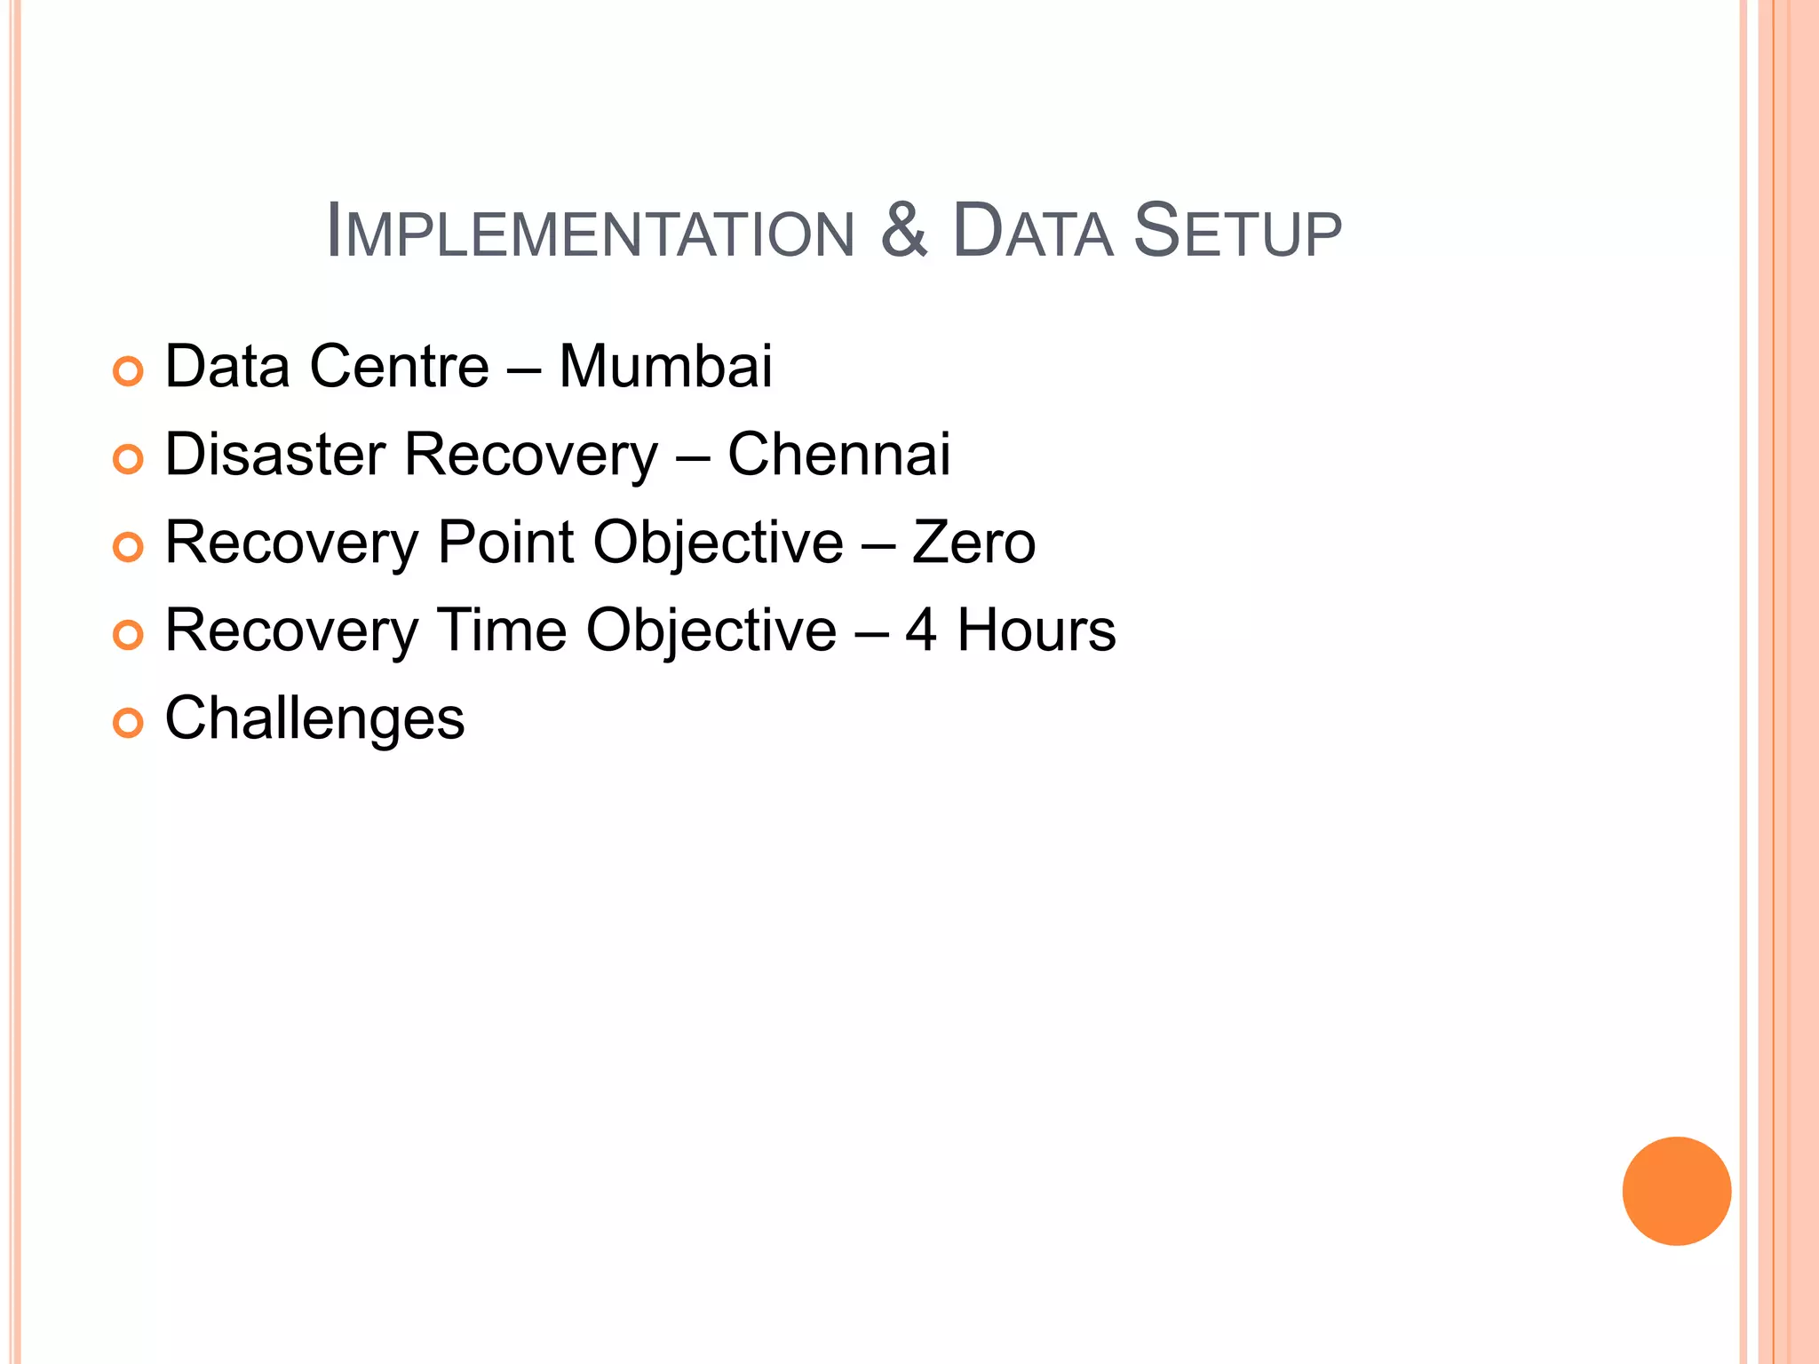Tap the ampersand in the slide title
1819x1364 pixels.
click(904, 231)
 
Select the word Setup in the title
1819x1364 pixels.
click(1237, 233)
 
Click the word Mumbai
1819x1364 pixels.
click(665, 367)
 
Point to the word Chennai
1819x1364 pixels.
click(838, 455)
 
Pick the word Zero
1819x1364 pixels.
click(973, 543)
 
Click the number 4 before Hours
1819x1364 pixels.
click(921, 630)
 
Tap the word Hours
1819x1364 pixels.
click(1036, 630)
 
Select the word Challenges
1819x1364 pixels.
click(314, 718)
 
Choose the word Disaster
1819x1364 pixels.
click(275, 455)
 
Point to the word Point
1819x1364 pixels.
click(506, 543)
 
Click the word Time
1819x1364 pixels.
click(503, 630)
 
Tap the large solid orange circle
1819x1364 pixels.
click(1676, 1191)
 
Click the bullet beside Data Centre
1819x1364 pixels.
click(128, 371)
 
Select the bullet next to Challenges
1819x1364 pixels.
click(128, 723)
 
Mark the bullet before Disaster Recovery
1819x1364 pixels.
click(128, 459)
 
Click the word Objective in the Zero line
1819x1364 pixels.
click(718, 543)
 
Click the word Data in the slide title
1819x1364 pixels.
click(1032, 233)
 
